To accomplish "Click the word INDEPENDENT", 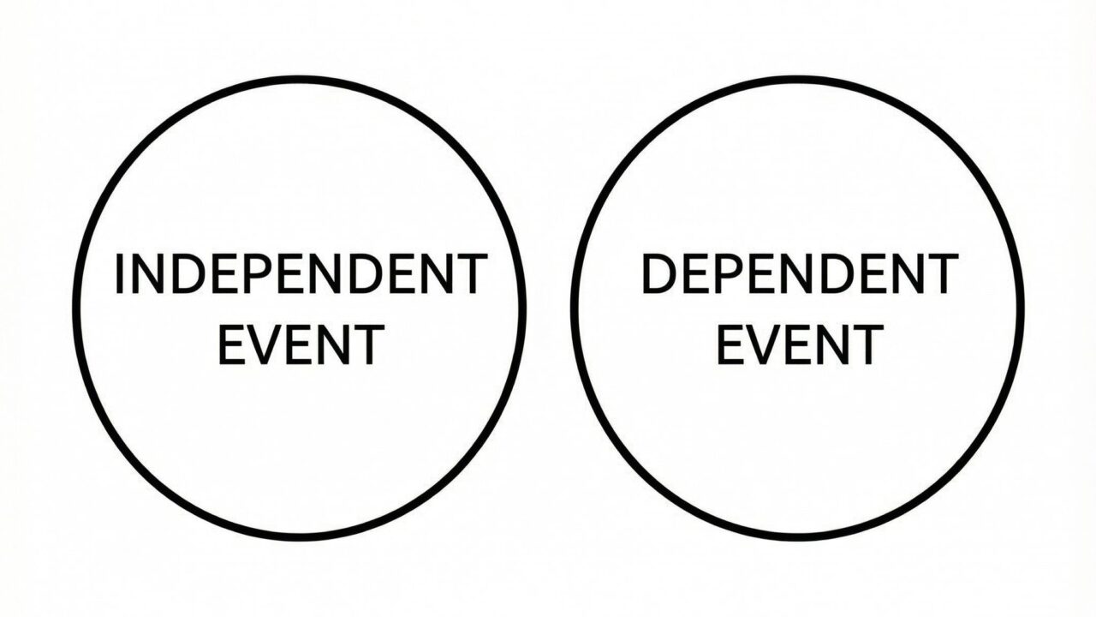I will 301,275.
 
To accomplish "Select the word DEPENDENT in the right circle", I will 798,275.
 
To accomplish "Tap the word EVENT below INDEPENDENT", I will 301,344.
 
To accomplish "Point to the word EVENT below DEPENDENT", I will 799,344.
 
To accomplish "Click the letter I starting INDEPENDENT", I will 119,275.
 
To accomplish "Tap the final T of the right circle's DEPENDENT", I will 939,275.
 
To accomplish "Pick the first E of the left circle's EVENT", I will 232,344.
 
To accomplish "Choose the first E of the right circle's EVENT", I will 730,344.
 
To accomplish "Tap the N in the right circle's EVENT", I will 830,344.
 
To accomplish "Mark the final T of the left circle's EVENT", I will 366,344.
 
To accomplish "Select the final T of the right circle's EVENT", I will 865,344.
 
